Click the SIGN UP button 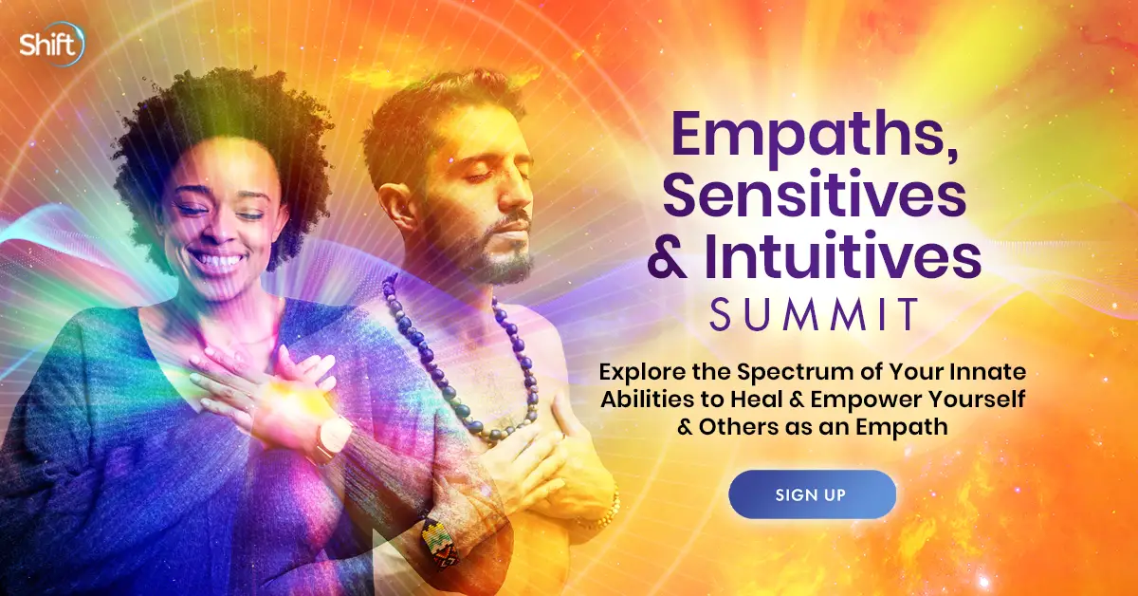click(x=812, y=494)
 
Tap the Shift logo click(x=52, y=45)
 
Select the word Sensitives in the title click(x=815, y=196)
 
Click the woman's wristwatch click(x=332, y=438)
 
